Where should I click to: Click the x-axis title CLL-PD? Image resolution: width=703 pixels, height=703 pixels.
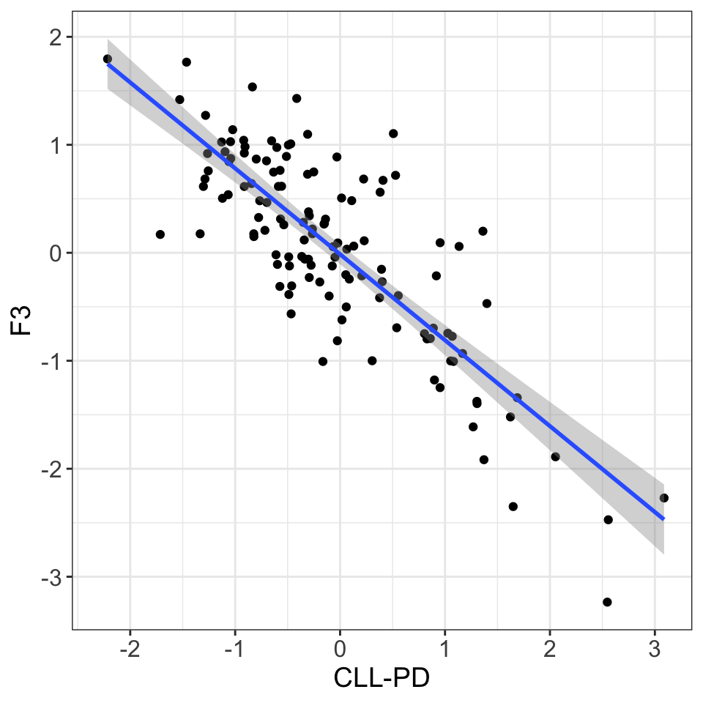coord(381,678)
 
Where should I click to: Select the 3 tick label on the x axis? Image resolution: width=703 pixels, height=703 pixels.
coord(655,649)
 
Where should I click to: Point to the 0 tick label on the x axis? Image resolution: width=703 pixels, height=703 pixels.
coord(340,649)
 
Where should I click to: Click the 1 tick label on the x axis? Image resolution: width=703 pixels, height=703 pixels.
coord(445,649)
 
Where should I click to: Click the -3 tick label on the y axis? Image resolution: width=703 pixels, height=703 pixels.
coord(52,577)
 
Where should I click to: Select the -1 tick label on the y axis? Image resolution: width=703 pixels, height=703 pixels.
coord(52,361)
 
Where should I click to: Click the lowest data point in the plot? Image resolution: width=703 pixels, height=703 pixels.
coord(607,602)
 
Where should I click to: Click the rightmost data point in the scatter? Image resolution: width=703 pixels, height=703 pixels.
coord(664,498)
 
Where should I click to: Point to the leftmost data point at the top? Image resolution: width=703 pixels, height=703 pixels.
coord(108,59)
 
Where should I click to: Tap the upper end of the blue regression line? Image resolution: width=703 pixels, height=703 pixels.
coord(108,64)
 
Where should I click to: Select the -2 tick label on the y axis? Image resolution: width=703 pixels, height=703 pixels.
coord(52,469)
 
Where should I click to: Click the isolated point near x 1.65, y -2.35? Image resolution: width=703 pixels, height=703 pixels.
coord(513,507)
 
